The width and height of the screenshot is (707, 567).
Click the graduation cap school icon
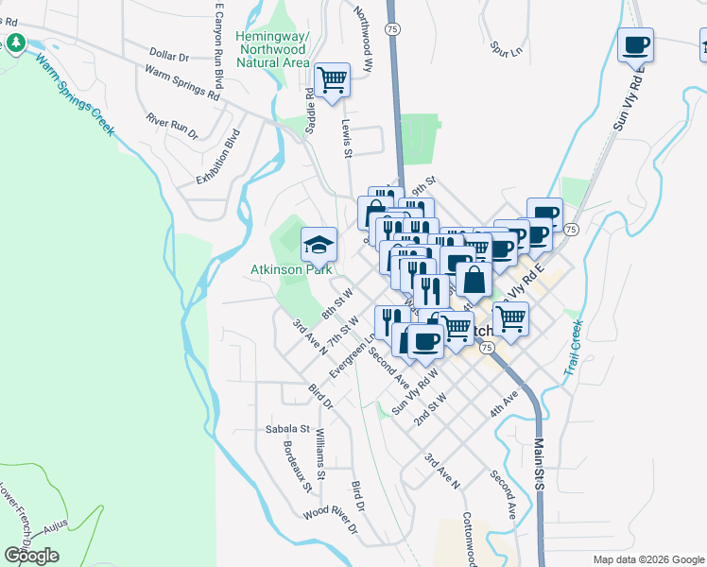click(319, 245)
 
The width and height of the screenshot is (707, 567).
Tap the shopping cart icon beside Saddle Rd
click(332, 80)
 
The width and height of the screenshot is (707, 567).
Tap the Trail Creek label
click(574, 348)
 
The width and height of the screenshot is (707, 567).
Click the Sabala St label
click(287, 429)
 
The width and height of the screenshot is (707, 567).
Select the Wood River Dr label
click(331, 523)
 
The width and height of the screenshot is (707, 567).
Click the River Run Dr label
click(172, 127)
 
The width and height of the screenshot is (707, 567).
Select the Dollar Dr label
click(170, 57)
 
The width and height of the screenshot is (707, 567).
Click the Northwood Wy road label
click(364, 31)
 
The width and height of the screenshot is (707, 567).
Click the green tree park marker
click(16, 43)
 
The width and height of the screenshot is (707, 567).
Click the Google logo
click(31, 556)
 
